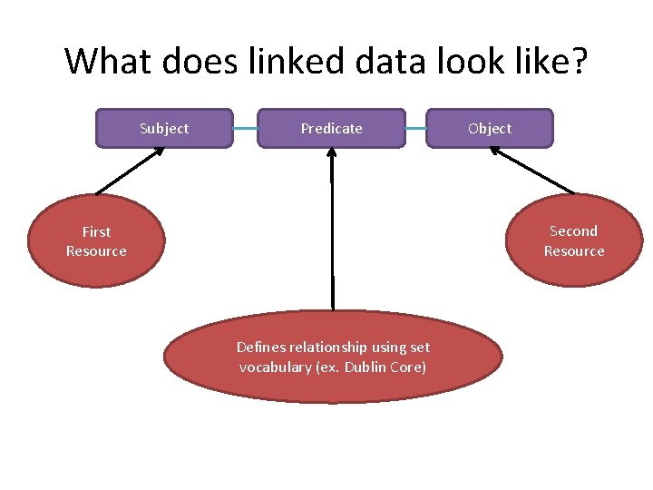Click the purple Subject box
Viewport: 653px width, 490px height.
click(164, 128)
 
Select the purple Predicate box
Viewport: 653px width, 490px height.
click(331, 128)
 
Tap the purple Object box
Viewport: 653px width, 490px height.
click(490, 128)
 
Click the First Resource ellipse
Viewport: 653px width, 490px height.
click(96, 240)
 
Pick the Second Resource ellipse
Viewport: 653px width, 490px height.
click(573, 240)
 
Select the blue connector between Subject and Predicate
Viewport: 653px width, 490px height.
click(245, 129)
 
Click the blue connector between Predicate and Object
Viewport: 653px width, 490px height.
click(415, 129)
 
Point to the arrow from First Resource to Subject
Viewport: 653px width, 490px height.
click(131, 171)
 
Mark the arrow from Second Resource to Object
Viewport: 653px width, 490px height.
click(532, 171)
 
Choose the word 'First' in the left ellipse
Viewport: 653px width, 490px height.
click(96, 231)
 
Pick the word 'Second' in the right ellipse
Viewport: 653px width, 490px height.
click(573, 231)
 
